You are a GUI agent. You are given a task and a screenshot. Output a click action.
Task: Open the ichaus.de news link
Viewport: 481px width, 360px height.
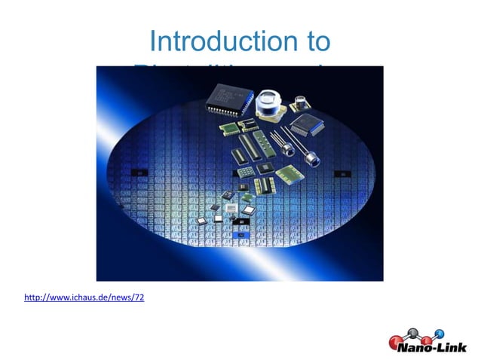(84, 297)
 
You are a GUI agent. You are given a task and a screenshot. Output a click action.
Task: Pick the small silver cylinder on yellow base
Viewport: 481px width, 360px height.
(302, 101)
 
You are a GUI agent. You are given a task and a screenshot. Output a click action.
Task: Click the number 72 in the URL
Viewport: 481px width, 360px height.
(139, 297)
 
